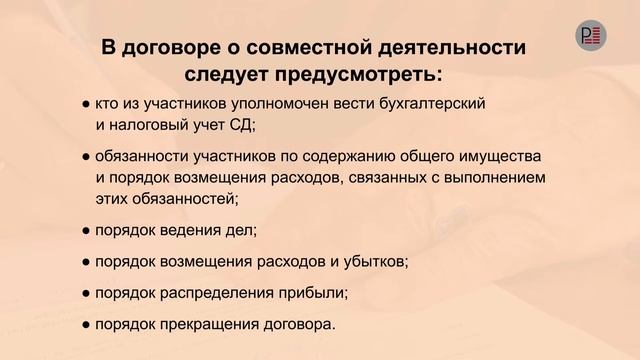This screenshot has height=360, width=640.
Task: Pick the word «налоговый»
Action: click(x=149, y=125)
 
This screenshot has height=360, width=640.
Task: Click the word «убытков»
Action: click(x=369, y=262)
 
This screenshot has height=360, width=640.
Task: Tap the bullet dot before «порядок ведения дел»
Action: click(x=87, y=231)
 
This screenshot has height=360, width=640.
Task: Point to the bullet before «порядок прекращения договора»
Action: click(x=87, y=325)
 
